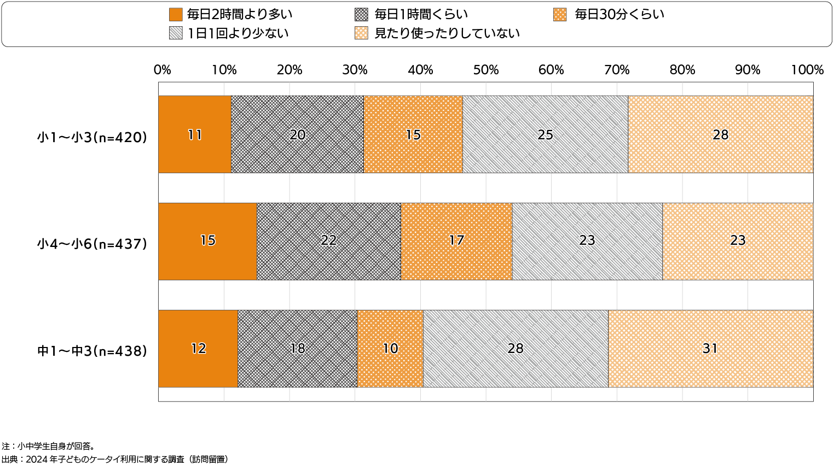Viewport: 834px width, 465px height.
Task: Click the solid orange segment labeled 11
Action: coord(195,134)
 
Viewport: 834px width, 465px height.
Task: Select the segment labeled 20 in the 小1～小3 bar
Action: coord(297,134)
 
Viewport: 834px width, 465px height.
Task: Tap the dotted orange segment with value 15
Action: coord(413,134)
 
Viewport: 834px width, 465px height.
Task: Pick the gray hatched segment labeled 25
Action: coord(545,134)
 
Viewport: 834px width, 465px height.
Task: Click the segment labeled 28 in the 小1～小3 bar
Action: coord(720,134)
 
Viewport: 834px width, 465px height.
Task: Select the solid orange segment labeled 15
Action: coord(208,241)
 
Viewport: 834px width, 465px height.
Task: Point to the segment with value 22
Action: coord(328,241)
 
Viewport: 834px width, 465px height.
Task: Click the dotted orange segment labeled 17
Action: coord(456,241)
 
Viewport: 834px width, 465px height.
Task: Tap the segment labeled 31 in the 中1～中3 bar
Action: coord(710,349)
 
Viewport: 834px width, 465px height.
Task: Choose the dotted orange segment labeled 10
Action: coord(390,349)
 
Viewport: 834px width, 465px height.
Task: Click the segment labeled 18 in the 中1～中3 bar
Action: coord(297,349)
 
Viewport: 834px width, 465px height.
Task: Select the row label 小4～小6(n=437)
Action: coord(92,244)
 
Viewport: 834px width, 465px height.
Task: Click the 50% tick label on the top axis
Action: coord(486,70)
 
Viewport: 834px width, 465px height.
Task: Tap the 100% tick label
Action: coord(807,70)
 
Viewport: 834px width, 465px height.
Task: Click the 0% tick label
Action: coord(163,70)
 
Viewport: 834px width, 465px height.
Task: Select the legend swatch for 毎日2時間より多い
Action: coord(176,14)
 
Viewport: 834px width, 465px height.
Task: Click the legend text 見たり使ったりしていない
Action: coord(447,33)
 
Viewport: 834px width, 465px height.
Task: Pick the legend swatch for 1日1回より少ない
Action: coord(176,33)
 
